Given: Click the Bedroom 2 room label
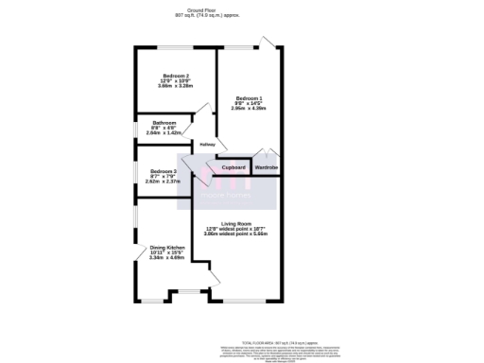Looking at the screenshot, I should click(x=175, y=76).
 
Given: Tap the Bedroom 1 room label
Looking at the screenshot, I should click(x=249, y=98).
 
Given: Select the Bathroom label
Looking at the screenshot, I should click(x=164, y=123).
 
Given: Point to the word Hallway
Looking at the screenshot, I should click(x=207, y=144).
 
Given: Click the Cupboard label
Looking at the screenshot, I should click(x=233, y=167).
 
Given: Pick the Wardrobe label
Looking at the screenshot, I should click(x=267, y=167).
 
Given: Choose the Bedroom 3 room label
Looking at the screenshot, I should click(x=164, y=171).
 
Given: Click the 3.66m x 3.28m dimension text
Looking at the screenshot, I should click(x=175, y=86).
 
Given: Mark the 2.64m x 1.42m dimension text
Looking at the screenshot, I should click(x=164, y=133).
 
